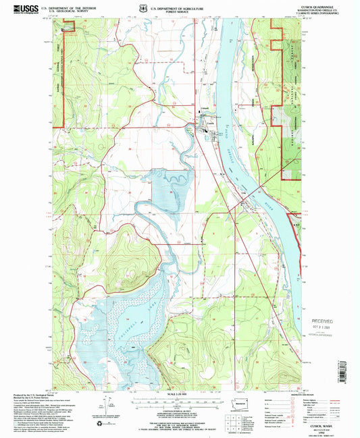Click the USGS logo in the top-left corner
click(x=13, y=7)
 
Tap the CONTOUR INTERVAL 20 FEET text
click(x=177, y=408)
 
